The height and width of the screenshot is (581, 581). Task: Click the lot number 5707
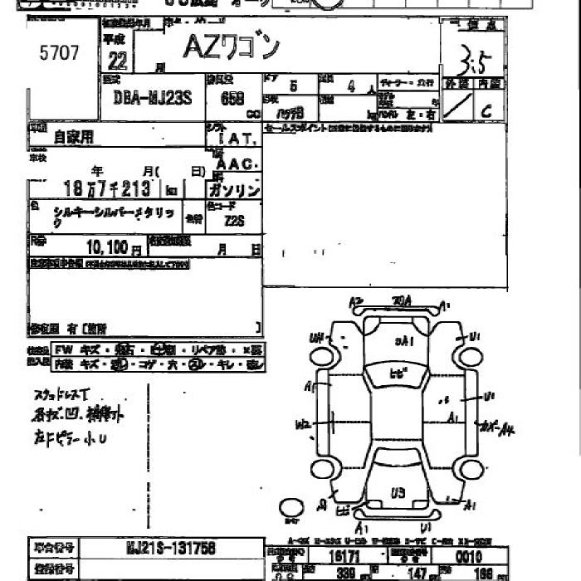pos(60,54)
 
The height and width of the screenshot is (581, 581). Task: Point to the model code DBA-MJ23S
pos(152,97)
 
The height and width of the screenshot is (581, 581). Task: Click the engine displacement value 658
pos(232,98)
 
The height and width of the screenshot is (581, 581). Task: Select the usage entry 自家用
pos(75,138)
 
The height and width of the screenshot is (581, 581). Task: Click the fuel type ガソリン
pos(237,191)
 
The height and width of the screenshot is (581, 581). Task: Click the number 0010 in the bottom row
pos(467,555)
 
